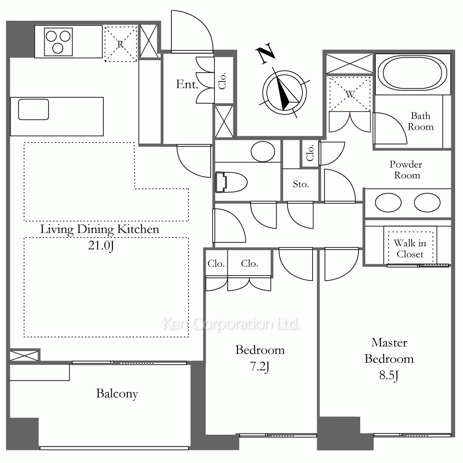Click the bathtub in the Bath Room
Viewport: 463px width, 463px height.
click(413, 73)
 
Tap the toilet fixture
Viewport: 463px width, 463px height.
click(231, 182)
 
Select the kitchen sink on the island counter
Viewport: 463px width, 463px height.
click(33, 109)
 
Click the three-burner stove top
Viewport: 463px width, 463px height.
click(58, 42)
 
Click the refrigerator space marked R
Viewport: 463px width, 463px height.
click(121, 44)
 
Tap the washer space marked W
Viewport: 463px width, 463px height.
click(350, 94)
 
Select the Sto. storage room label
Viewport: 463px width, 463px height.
click(300, 184)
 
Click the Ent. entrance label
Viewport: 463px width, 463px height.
click(187, 84)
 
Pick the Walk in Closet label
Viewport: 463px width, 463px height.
click(410, 249)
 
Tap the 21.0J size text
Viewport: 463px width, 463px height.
click(100, 246)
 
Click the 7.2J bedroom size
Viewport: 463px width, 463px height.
click(260, 367)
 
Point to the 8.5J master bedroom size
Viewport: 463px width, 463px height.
click(389, 375)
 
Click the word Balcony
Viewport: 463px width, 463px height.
click(117, 394)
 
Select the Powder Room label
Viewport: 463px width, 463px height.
click(406, 170)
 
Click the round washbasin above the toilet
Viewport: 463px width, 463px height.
click(263, 151)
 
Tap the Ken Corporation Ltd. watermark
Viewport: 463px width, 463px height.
click(231, 324)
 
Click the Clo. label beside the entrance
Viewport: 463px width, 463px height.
click(222, 81)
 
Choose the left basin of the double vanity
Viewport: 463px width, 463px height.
click(388, 203)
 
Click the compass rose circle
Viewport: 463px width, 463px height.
click(284, 93)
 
